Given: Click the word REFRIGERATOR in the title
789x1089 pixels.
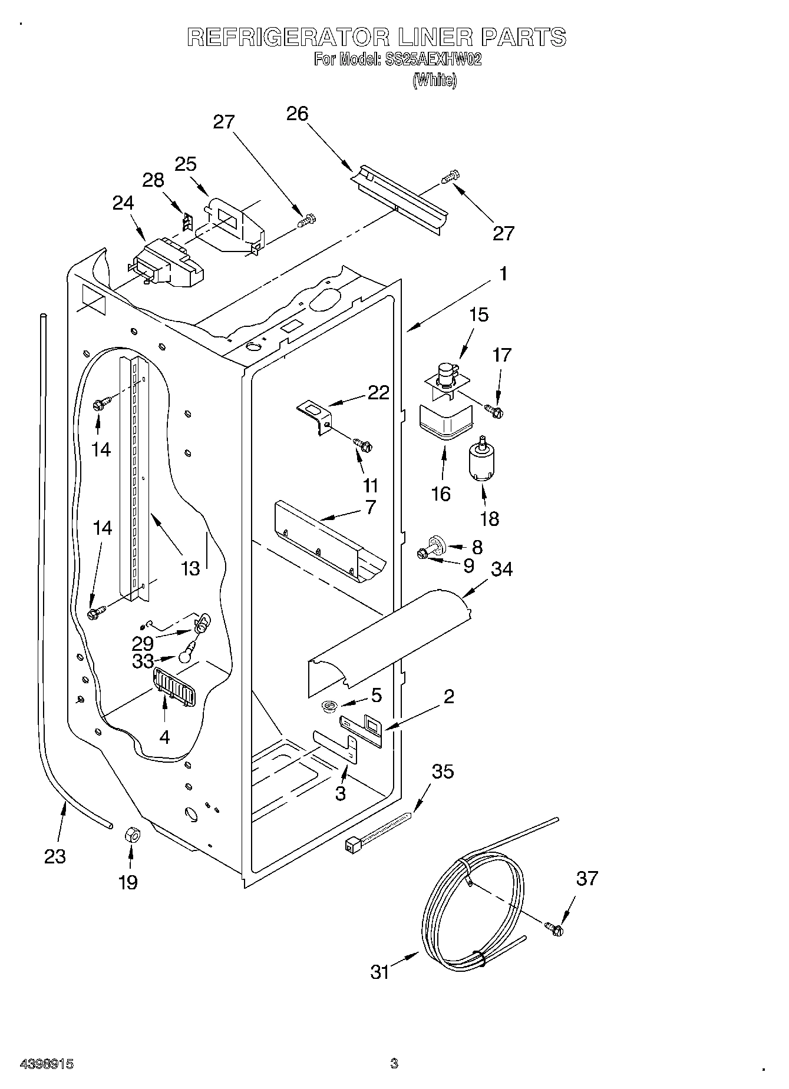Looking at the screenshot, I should (288, 37).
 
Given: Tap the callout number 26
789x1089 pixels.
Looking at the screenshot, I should (297, 113).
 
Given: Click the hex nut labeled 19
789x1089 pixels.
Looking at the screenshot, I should (132, 835).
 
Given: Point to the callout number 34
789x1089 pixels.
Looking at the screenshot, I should (501, 569).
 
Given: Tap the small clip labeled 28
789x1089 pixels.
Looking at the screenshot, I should (188, 223).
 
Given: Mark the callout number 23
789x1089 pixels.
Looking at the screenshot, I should (55, 856).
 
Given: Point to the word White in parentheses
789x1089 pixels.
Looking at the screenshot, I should (434, 81).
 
